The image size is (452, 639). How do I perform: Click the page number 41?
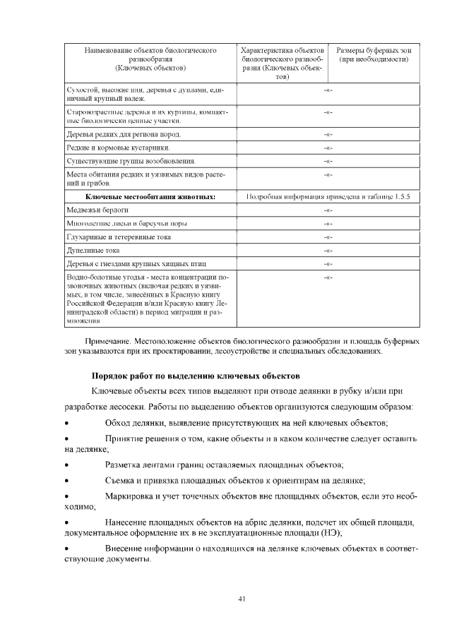click(x=242, y=599)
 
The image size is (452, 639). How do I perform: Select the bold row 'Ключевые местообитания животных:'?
click(x=150, y=197)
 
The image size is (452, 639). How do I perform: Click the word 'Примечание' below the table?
click(x=109, y=342)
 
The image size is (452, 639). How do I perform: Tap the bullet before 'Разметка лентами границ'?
click(x=66, y=465)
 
